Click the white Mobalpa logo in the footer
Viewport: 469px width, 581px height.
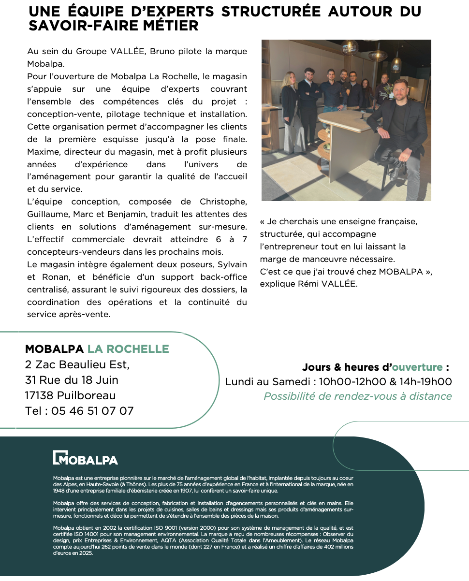click(x=85, y=458)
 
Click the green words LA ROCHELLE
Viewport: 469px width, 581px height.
click(x=128, y=349)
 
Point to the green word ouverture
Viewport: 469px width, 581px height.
click(x=417, y=367)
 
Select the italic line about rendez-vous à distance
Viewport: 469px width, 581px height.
click(x=357, y=396)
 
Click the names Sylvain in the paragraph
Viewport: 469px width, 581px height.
click(x=231, y=264)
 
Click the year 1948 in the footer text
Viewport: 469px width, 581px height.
click(x=59, y=491)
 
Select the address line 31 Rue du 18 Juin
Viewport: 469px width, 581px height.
click(x=72, y=380)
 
